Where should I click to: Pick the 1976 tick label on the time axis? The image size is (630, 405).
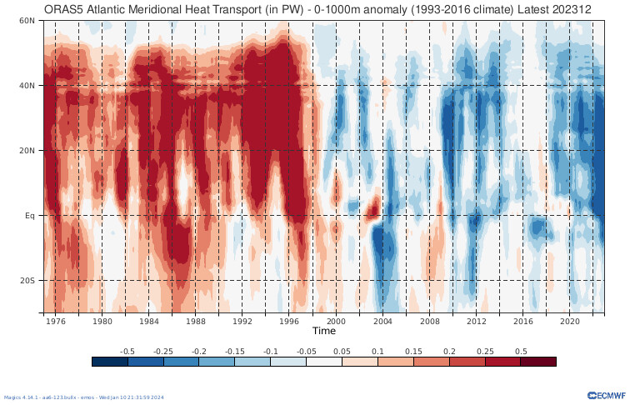click(56, 321)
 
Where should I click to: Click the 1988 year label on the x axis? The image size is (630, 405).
click(196, 321)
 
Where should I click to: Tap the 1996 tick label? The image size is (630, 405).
click(289, 321)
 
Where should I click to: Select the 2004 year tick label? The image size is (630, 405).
click(382, 321)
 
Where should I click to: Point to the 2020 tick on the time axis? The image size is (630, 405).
click(570, 321)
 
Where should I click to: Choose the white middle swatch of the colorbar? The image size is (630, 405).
click(324, 362)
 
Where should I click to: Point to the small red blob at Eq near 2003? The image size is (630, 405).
click(372, 206)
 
